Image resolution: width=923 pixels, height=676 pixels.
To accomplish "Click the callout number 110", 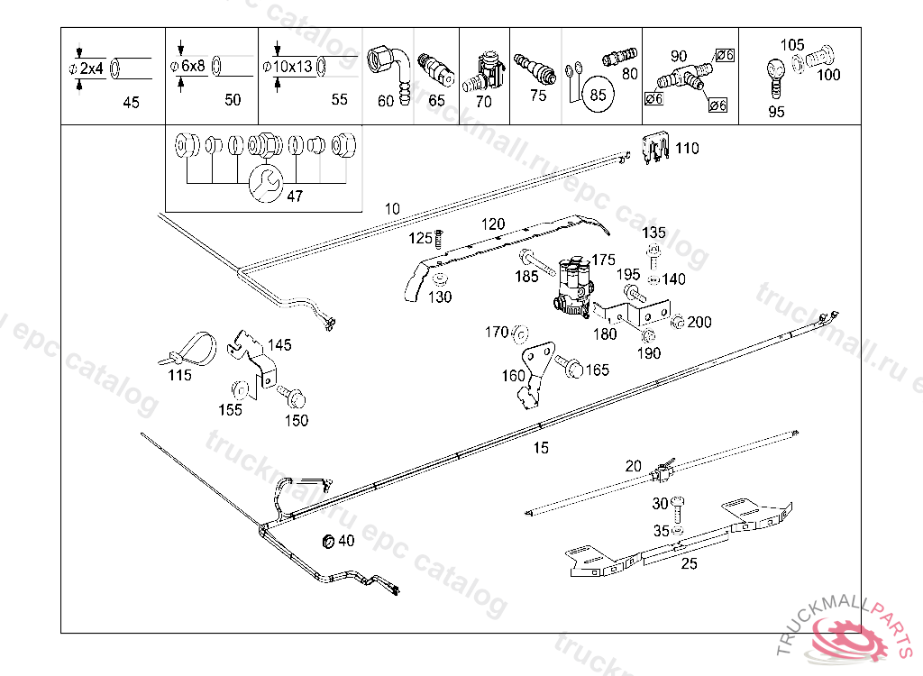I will click(x=687, y=148).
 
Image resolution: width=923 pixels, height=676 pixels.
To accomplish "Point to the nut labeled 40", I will click(x=328, y=541).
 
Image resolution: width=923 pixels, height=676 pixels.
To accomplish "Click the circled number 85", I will click(x=597, y=93).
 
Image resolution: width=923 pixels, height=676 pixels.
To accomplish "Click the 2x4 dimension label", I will click(x=91, y=69).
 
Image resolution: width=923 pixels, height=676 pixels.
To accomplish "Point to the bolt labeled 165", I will click(x=569, y=366).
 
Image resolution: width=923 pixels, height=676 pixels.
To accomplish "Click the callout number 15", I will click(x=541, y=447).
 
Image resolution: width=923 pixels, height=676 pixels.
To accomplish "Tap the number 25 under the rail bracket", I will click(x=689, y=565).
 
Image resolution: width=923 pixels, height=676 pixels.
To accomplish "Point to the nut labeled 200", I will click(x=679, y=322).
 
